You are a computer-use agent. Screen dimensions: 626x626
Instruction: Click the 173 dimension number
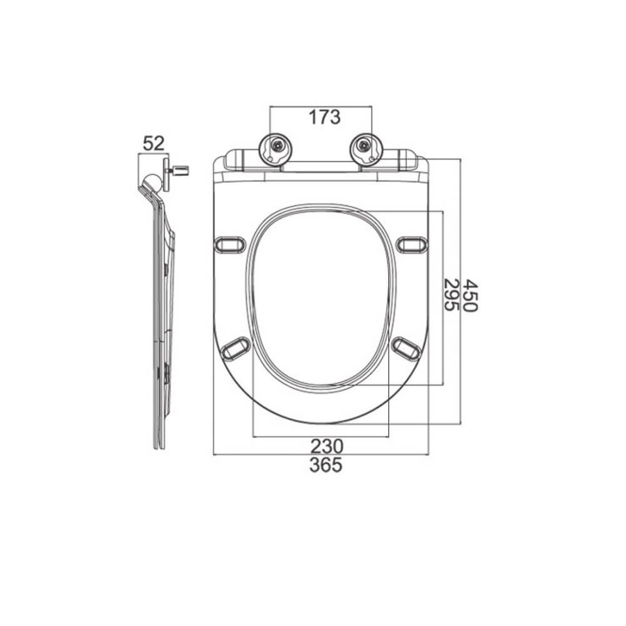pos(325,117)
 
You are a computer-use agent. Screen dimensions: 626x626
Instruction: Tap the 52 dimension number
pos(154,143)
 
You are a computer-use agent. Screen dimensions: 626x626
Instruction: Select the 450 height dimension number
pos(469,296)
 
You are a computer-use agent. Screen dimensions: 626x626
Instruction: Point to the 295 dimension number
pos(451,295)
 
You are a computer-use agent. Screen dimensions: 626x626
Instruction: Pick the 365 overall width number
pos(326,465)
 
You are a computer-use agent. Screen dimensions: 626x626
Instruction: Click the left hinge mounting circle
pos(275,150)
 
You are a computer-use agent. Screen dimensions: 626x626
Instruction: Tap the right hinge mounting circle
pos(366,150)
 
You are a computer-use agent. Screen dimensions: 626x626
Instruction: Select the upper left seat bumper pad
pos(230,245)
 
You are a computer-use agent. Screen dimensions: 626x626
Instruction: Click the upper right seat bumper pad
pos(412,244)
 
